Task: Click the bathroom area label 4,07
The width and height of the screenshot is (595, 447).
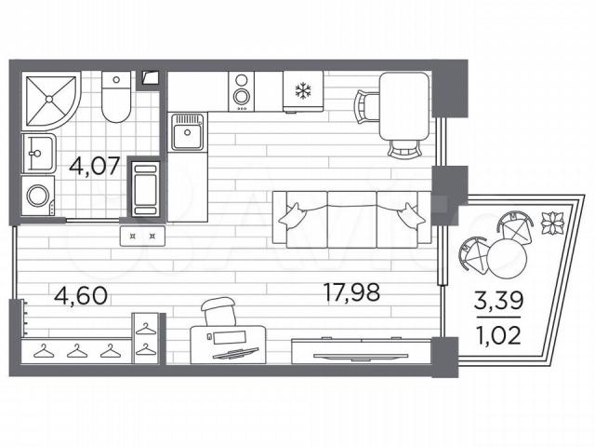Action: tap(95, 166)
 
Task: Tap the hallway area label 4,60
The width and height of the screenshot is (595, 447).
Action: tap(81, 295)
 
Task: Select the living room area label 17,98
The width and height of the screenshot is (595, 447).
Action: tap(351, 291)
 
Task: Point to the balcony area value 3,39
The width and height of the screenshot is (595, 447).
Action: tap(499, 300)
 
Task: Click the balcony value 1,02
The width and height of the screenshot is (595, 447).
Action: tap(499, 335)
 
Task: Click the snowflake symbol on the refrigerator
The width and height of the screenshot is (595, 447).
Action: tap(303, 90)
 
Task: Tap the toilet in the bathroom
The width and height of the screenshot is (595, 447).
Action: tap(116, 97)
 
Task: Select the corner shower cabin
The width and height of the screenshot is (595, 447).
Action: tap(51, 100)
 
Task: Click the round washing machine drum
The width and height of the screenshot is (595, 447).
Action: tap(37, 196)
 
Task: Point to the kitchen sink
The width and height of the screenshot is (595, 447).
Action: tap(188, 132)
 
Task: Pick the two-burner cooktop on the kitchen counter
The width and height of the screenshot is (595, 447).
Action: tap(241, 91)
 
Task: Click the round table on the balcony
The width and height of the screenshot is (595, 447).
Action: tap(508, 258)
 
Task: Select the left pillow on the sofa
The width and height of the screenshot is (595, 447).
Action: tap(293, 217)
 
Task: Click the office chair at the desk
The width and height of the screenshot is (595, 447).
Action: tap(218, 312)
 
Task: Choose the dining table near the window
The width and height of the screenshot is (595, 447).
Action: tap(405, 106)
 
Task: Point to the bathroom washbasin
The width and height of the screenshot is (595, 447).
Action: tap(38, 153)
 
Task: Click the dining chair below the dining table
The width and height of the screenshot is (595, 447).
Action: tap(405, 149)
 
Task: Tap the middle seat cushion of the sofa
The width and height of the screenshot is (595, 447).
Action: tap(351, 220)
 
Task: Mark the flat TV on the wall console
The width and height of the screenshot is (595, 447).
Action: tap(361, 357)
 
